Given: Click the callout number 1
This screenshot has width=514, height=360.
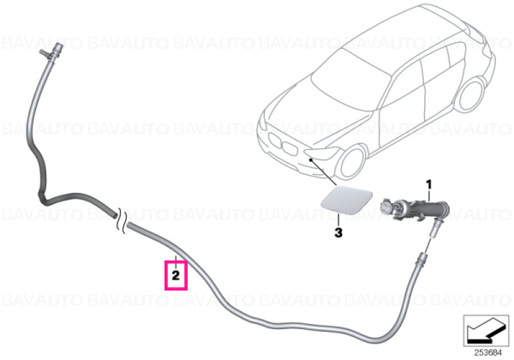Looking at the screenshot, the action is point(429,184).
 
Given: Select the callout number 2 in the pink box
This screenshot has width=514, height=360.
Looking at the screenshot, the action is point(176,275).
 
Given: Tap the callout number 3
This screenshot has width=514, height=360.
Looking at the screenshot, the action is point(338,232).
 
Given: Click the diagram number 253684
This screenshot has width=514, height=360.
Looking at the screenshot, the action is point(488,353).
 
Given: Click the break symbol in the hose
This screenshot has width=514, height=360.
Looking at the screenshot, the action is point(121,221).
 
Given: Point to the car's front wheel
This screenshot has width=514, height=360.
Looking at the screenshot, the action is point(353,163).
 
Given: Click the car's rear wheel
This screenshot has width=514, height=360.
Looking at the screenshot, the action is point(471,94).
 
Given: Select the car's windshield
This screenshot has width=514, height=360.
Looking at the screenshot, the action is point(350,80).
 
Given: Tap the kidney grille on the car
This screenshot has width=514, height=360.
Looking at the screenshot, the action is point(283,145).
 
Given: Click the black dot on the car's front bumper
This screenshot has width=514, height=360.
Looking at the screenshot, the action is point(310,159).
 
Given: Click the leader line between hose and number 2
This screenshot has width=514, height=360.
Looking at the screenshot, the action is point(176,261).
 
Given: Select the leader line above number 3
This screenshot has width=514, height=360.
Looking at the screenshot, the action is point(338,219).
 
